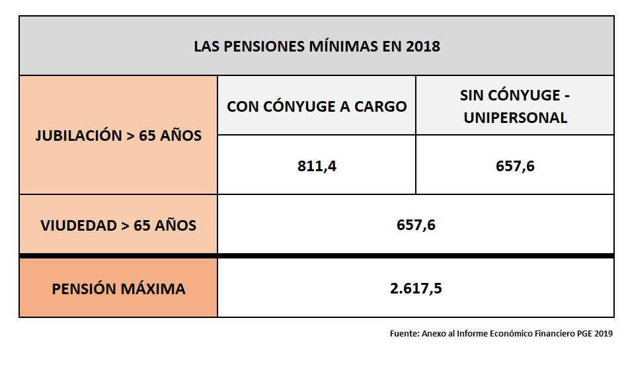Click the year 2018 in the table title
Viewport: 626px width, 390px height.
[423, 47]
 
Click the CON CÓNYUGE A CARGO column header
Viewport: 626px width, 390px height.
[317, 106]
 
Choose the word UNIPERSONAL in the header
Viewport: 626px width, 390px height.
[515, 118]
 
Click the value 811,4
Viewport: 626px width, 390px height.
[317, 166]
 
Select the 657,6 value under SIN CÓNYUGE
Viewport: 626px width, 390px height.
[515, 166]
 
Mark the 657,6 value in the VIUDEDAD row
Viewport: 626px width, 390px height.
[416, 225]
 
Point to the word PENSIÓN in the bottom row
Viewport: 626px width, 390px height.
[86, 289]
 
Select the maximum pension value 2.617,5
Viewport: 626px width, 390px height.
[416, 289]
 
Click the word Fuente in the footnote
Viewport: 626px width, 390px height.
[403, 334]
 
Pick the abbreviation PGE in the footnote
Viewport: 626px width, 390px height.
[582, 334]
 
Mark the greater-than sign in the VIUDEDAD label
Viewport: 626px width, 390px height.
[125, 225]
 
